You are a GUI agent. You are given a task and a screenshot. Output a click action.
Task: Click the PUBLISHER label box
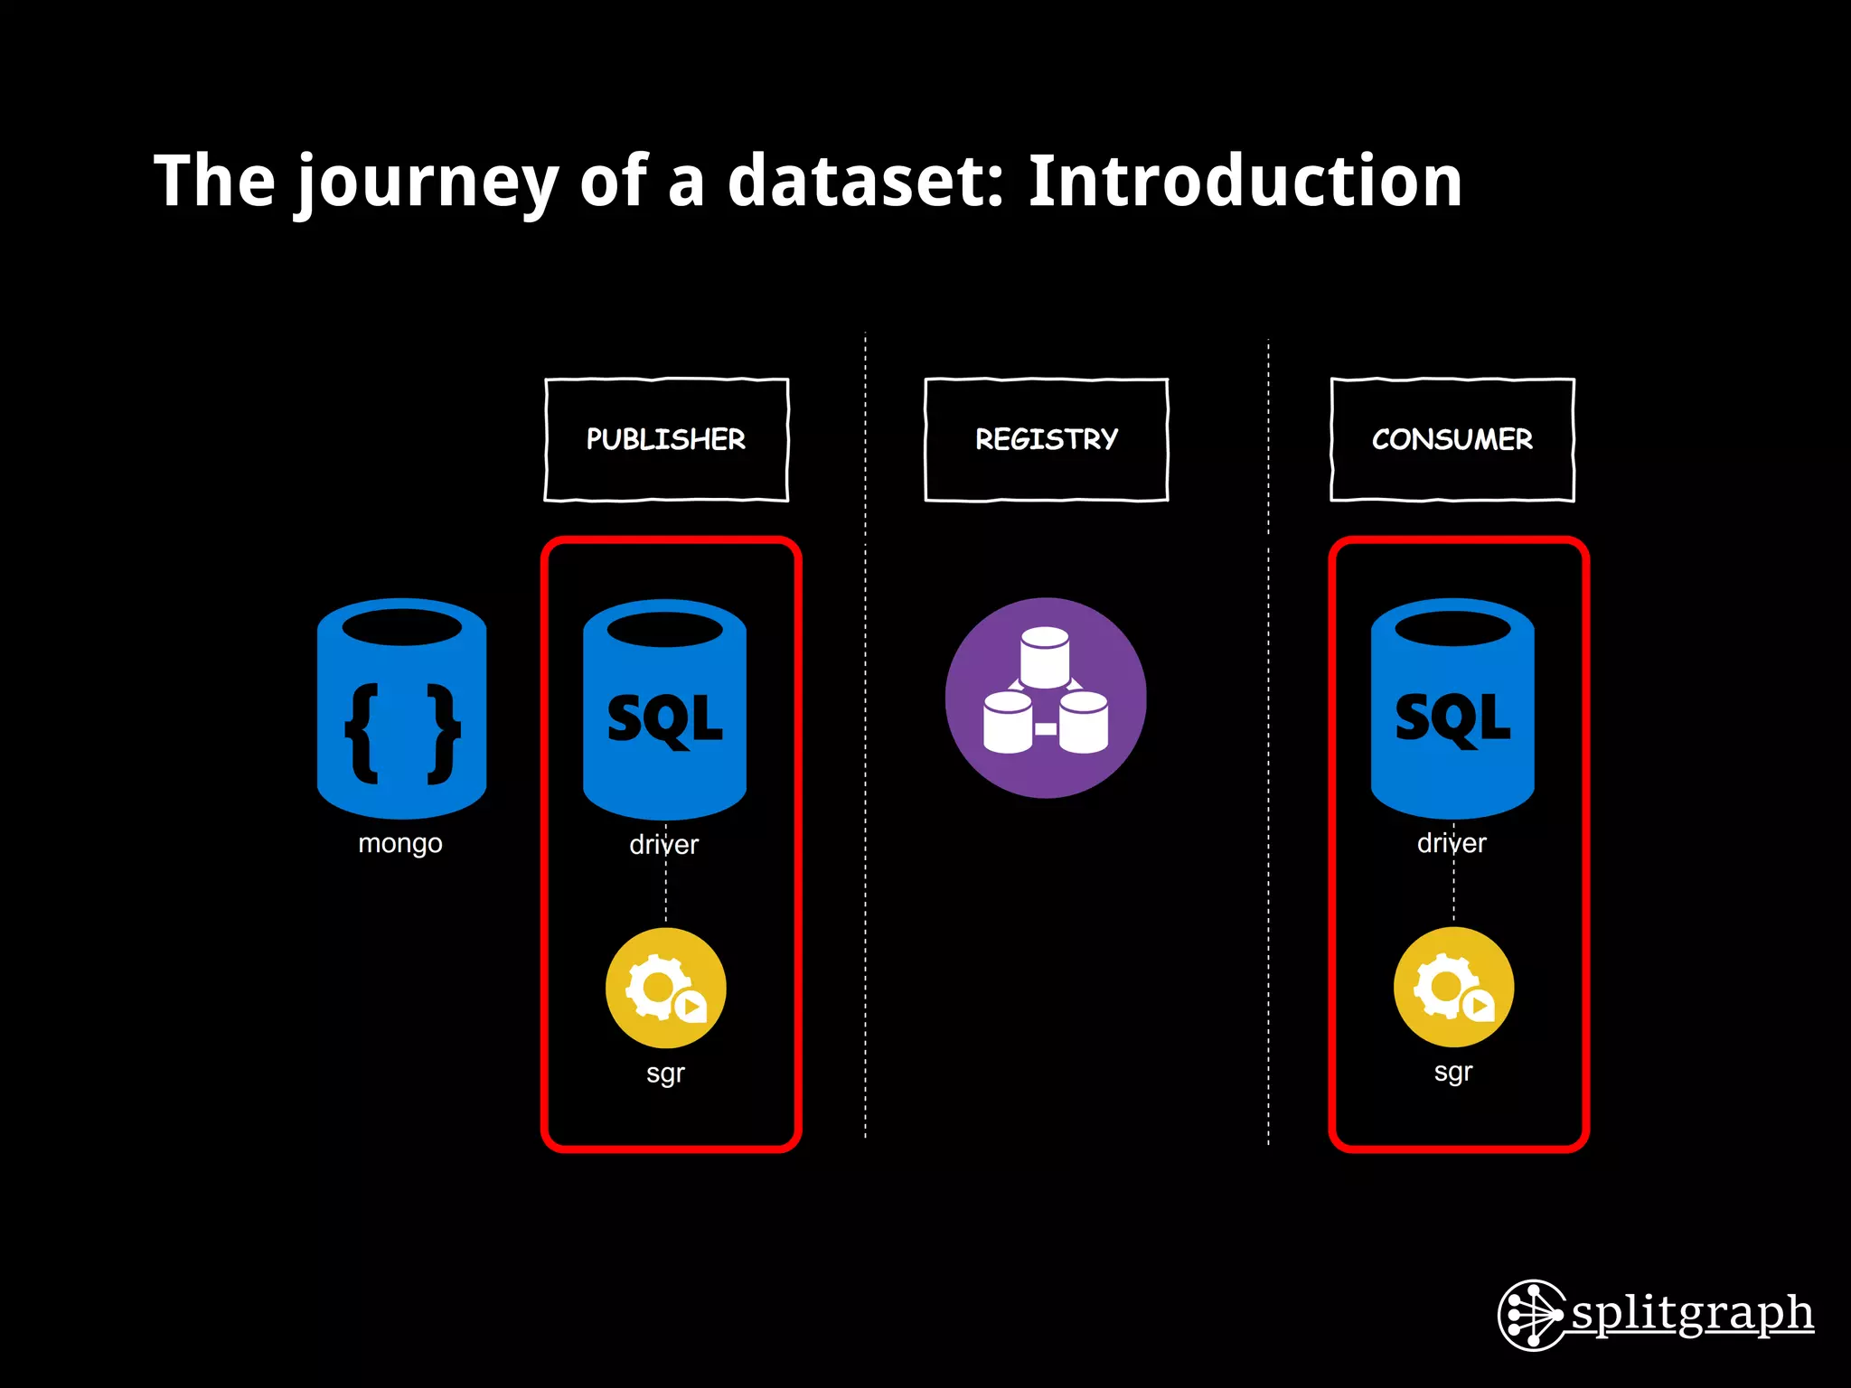[x=666, y=439]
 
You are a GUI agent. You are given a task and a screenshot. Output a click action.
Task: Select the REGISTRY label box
[x=1046, y=439]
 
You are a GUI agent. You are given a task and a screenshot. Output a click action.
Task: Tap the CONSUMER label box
[x=1452, y=439]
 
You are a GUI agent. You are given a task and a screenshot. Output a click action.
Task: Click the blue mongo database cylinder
[x=402, y=708]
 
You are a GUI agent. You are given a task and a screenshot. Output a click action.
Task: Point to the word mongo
[x=400, y=844]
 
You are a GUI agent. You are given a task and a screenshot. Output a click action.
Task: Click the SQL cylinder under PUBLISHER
[x=665, y=708]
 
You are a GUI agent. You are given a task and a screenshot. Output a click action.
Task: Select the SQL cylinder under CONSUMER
[x=1452, y=708]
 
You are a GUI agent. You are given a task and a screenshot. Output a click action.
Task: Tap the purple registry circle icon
[x=1046, y=698]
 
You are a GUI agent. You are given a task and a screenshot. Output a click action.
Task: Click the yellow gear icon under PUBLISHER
[x=666, y=988]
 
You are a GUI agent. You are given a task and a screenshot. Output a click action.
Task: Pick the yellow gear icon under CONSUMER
[x=1453, y=987]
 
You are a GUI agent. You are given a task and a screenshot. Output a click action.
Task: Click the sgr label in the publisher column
[x=666, y=1074]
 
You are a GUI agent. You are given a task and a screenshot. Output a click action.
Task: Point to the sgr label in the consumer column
[x=1453, y=1073]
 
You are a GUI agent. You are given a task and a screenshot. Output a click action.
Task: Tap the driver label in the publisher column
[x=664, y=845]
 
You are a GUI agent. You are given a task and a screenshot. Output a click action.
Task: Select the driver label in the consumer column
[x=1452, y=843]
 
